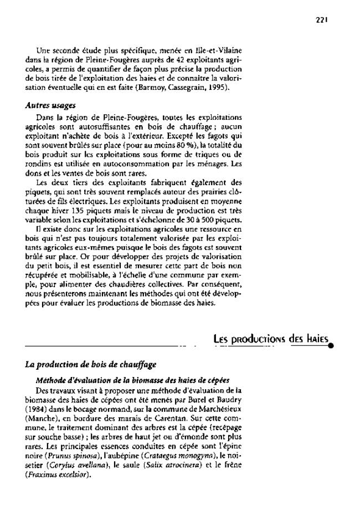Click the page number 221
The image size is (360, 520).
(322, 18)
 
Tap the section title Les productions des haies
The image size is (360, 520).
(271, 338)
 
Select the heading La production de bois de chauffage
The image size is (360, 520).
(91, 365)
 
